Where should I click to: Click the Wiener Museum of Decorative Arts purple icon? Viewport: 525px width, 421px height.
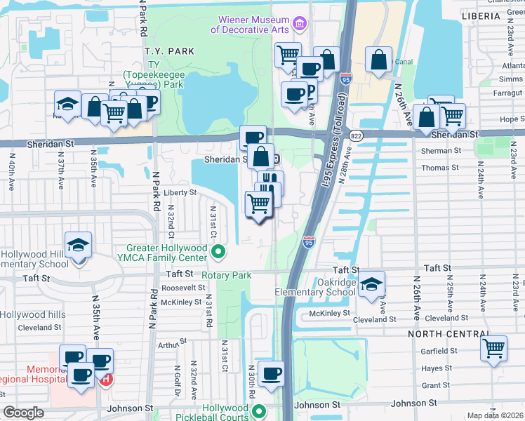[x=300, y=25]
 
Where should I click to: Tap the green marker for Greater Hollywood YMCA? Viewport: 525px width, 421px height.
[x=219, y=250]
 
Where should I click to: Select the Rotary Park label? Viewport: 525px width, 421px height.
[x=226, y=276]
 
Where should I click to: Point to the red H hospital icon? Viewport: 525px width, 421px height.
[x=106, y=380]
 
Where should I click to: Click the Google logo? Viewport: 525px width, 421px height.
[x=23, y=413]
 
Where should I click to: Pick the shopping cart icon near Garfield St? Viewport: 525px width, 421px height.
[x=494, y=347]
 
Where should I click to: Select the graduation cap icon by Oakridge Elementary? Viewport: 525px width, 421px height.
[x=372, y=283]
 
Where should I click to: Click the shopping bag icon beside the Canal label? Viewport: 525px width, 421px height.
[x=378, y=61]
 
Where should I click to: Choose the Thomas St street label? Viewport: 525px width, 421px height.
[x=440, y=168]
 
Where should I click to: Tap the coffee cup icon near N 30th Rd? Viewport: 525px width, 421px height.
[x=270, y=373]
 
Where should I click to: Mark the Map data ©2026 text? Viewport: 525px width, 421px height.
[x=495, y=415]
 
